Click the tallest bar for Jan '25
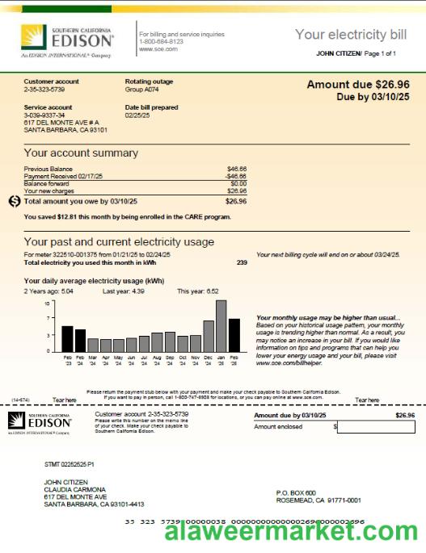coord(221,327)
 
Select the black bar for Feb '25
coord(234,336)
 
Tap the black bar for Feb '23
coord(68,340)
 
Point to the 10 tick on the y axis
coord(48,303)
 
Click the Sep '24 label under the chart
coord(170,361)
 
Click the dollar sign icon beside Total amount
coord(14,201)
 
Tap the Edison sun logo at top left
coord(33,37)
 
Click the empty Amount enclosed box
coord(375,426)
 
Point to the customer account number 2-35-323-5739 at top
coord(44,89)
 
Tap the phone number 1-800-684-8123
coord(161,41)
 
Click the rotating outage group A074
coord(142,89)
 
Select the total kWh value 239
coord(242,262)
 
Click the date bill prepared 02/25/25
coord(138,115)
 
